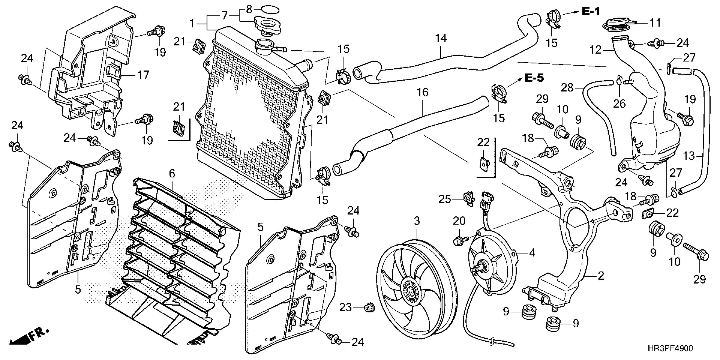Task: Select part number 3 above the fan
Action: tap(417, 221)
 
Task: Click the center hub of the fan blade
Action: tap(412, 291)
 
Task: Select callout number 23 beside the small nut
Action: tap(345, 308)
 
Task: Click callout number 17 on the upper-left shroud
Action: tap(143, 75)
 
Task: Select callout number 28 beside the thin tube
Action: tap(567, 88)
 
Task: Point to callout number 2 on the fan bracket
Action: tap(601, 276)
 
